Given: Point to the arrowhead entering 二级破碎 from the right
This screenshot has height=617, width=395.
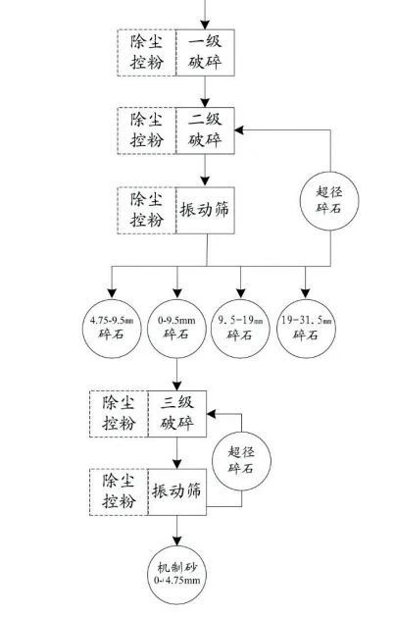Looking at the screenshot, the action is (240, 130).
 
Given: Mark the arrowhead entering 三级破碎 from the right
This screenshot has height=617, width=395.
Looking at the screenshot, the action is (212, 414).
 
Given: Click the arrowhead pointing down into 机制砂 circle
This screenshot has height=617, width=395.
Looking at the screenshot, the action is (177, 540).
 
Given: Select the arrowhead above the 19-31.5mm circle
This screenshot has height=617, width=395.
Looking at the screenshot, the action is (306, 293).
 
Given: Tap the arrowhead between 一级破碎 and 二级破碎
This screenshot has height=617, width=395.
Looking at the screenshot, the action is (205, 102).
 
